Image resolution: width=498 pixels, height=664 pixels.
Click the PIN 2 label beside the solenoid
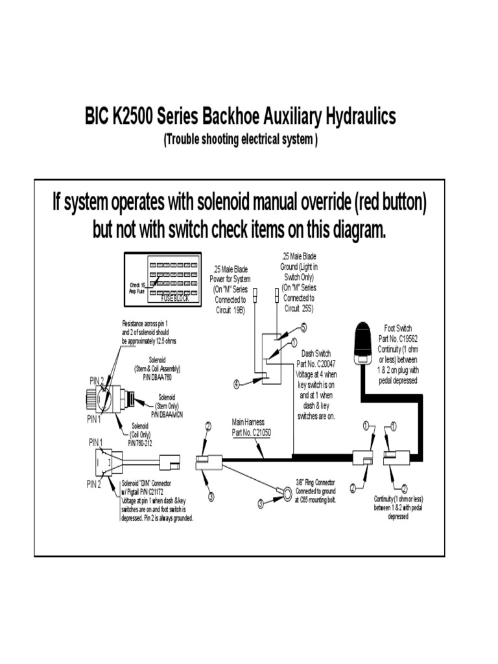click(x=96, y=380)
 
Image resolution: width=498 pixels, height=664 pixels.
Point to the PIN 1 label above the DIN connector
click(x=95, y=442)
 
